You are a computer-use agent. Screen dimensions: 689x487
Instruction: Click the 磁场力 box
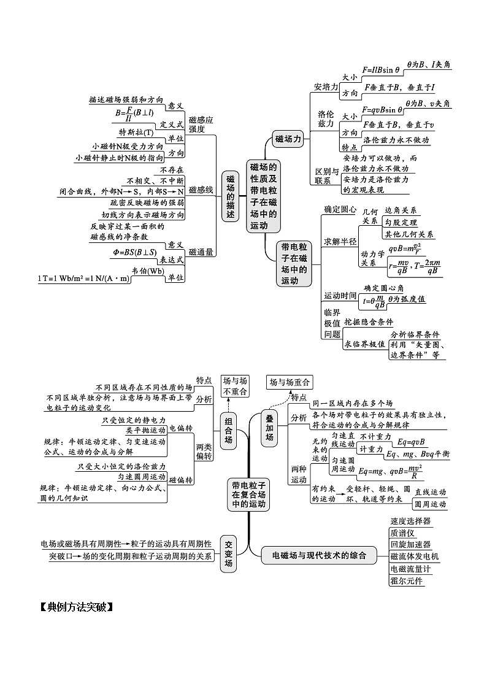tap(289, 139)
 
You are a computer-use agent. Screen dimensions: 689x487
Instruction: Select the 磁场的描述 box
tap(230, 196)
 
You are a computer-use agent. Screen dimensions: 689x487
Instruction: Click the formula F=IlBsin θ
tap(381, 71)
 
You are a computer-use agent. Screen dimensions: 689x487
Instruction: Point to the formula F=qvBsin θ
tap(382, 110)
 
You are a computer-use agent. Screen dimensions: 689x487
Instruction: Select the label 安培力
tap(326, 87)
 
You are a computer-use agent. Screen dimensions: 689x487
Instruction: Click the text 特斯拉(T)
tap(136, 132)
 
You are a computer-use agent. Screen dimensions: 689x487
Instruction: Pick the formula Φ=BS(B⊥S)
tap(135, 252)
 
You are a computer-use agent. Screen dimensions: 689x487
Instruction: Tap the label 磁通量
tap(201, 252)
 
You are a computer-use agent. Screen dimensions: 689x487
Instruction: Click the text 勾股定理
tap(401, 221)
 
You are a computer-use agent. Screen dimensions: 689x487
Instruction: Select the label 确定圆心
tap(340, 209)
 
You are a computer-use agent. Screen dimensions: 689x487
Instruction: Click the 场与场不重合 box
tap(234, 386)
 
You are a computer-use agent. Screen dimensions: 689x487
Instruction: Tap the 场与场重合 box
tap(289, 382)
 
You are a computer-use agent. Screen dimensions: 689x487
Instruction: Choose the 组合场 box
tap(228, 430)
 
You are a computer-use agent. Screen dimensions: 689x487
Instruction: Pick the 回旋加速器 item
tap(410, 544)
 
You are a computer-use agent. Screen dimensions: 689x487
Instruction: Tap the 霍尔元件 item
tap(407, 580)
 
